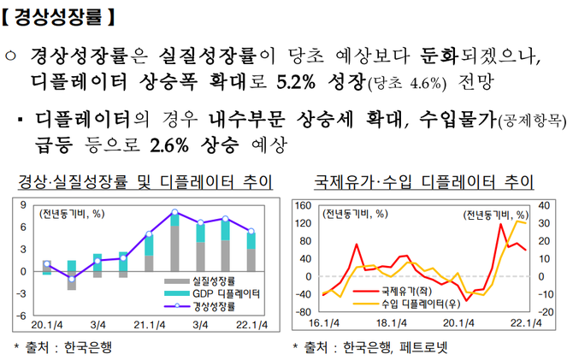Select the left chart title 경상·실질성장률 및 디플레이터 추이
click(x=145, y=181)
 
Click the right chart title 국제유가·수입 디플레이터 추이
click(x=424, y=181)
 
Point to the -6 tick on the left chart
click(x=21, y=316)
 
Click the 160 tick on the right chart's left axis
click(x=303, y=205)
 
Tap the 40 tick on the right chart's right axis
click(x=544, y=205)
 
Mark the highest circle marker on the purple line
click(x=175, y=212)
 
